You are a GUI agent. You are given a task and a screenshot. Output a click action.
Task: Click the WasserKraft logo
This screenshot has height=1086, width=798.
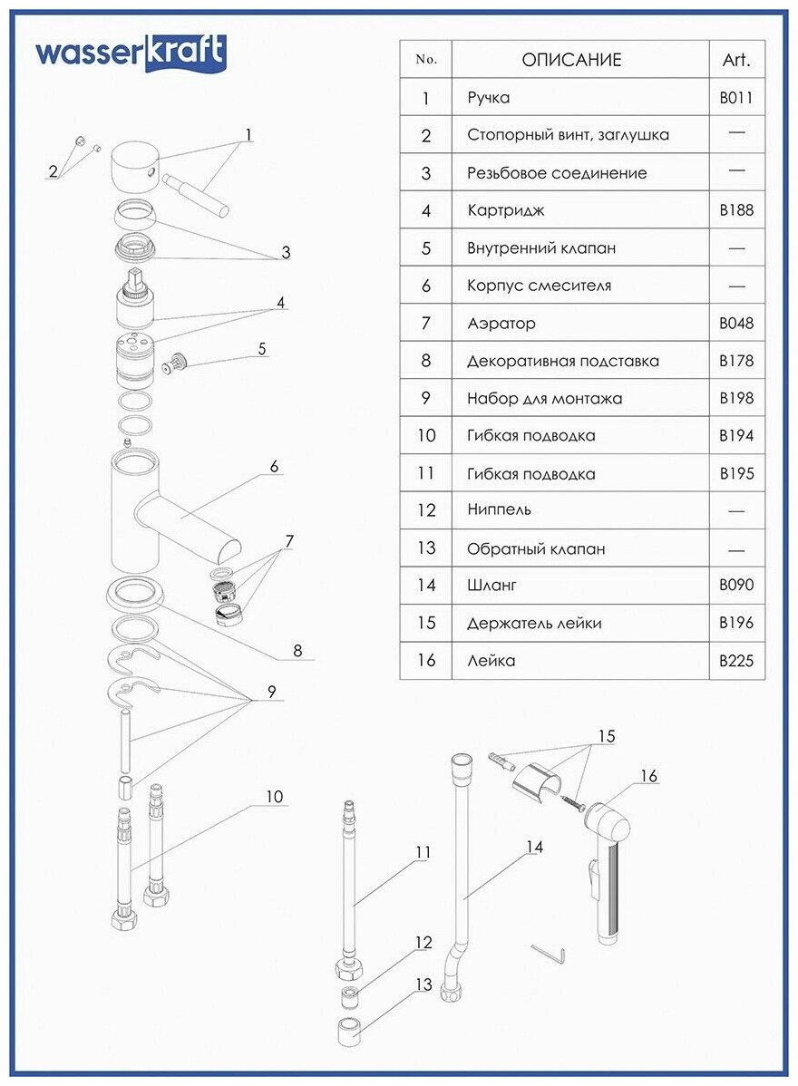point(131,53)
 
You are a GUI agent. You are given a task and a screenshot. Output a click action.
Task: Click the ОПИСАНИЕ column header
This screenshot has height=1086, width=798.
point(571,61)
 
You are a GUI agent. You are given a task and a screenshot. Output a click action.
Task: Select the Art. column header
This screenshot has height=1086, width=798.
point(735,61)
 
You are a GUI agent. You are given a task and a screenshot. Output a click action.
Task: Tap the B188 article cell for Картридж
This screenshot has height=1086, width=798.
point(735,211)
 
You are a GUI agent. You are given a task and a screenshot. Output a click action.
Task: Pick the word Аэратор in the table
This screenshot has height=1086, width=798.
point(501,324)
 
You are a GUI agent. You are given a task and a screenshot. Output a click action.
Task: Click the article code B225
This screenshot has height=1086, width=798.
point(735,661)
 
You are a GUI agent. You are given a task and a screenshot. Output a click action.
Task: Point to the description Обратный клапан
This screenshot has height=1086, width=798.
point(536,548)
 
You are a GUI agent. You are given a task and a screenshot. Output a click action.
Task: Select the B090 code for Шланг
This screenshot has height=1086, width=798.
point(735,586)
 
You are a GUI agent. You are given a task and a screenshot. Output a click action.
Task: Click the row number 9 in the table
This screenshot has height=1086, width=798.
point(426,398)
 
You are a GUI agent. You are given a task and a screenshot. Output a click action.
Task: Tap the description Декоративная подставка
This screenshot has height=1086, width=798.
point(562,361)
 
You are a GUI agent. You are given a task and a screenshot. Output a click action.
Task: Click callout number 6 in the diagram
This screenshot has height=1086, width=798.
point(273,467)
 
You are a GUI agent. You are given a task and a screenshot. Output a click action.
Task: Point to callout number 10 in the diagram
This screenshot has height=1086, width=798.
point(274,797)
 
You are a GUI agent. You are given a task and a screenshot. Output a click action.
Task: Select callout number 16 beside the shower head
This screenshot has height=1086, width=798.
point(648,776)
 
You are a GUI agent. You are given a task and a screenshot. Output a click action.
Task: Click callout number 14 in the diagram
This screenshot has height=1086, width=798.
point(534,847)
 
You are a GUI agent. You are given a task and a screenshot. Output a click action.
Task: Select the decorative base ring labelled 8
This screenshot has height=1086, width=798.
point(139,596)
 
